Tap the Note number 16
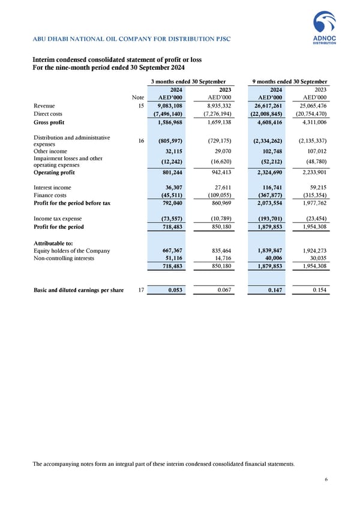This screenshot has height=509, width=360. pyautogui.click(x=140, y=141)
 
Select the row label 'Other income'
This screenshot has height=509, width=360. pyautogui.click(x=50, y=152)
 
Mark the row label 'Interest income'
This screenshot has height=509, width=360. pyautogui.click(x=52, y=187)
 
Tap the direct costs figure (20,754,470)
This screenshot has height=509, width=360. pyautogui.click(x=306, y=114)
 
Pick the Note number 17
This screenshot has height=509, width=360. pyautogui.click(x=140, y=290)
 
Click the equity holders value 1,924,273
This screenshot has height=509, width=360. pyautogui.click(x=310, y=250)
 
